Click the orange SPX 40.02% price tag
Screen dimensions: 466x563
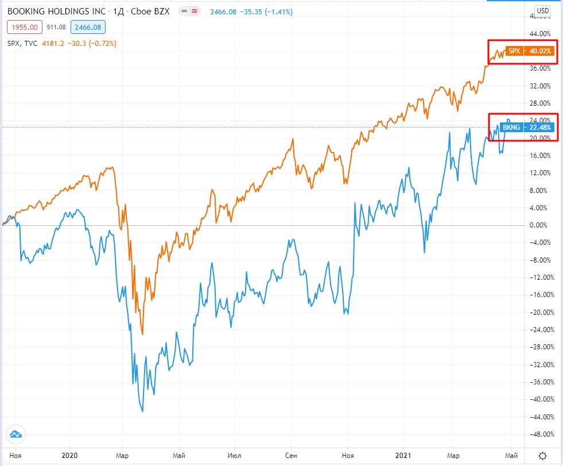coord(529,51)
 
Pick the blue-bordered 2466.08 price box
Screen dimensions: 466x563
coord(86,26)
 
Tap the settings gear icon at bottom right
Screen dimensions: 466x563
coord(542,456)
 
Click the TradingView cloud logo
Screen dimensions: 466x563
coord(15,434)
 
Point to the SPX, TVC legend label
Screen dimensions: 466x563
coord(22,42)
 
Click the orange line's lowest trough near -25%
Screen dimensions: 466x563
coord(142,334)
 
